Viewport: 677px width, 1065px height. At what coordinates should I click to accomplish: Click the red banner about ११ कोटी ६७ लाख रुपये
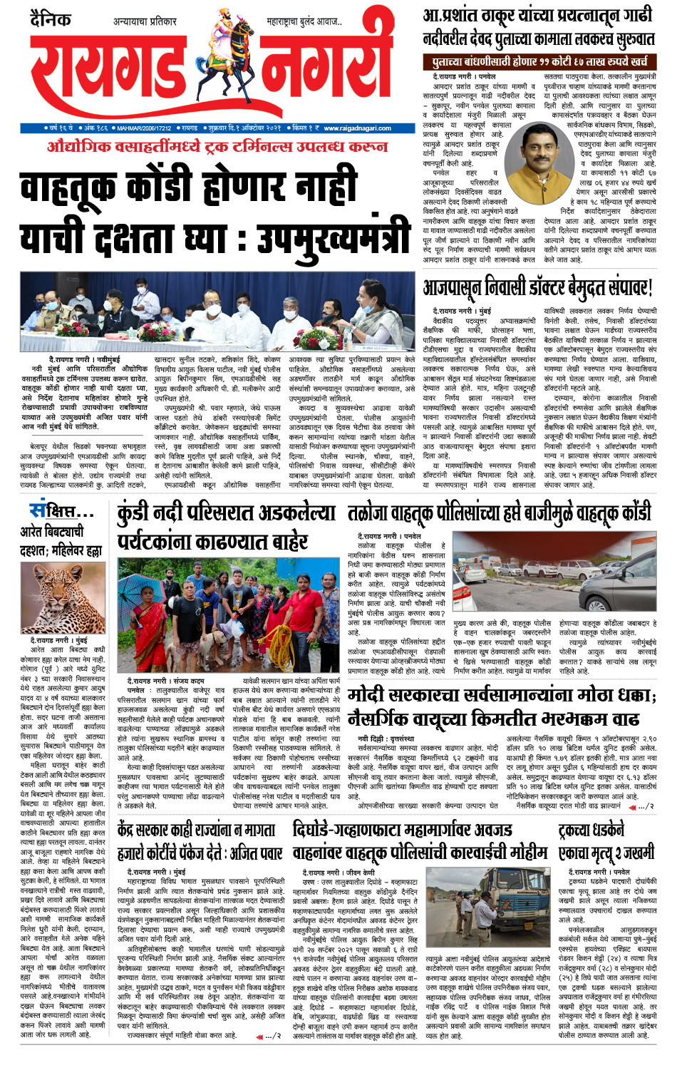(539, 62)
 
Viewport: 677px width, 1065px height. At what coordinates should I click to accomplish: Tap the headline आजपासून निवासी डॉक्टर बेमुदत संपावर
(538, 288)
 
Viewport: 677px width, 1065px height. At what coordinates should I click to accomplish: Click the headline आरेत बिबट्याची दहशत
(61, 540)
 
